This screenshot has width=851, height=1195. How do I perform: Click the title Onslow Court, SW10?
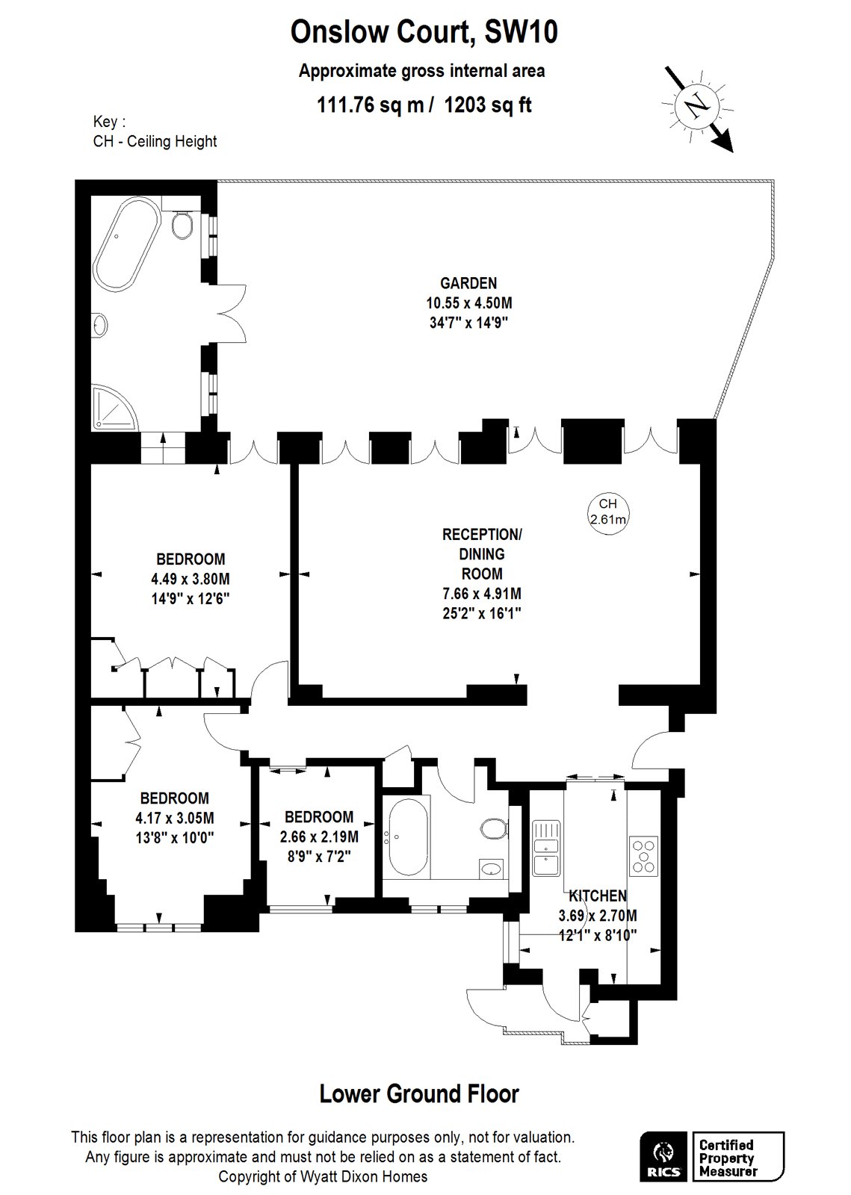pyautogui.click(x=424, y=31)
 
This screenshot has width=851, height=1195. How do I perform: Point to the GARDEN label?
pyautogui.click(x=468, y=283)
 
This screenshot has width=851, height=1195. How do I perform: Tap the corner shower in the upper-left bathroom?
pyautogui.click(x=115, y=408)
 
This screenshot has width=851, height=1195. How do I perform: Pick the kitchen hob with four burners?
pyautogui.click(x=643, y=856)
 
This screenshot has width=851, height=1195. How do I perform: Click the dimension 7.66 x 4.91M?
pyautogui.click(x=482, y=593)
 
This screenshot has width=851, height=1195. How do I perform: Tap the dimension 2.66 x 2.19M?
pyautogui.click(x=319, y=836)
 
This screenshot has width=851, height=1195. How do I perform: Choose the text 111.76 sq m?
pyautogui.click(x=371, y=105)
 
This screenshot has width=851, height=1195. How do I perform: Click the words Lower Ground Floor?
pyautogui.click(x=419, y=1093)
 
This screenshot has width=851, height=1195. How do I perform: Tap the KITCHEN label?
pyautogui.click(x=598, y=896)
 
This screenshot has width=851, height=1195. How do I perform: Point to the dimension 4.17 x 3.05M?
pyautogui.click(x=175, y=817)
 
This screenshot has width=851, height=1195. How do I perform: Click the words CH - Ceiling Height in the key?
pyautogui.click(x=155, y=141)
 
